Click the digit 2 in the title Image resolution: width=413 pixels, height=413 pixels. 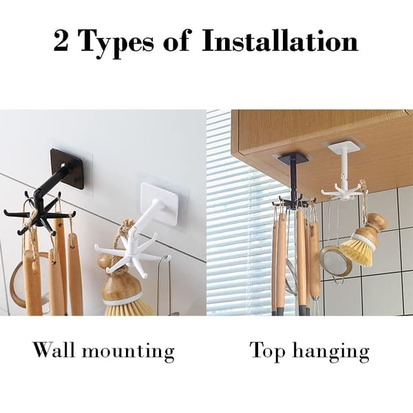point(61,41)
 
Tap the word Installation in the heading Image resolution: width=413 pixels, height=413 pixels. point(280,41)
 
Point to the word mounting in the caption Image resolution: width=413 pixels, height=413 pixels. point(128,352)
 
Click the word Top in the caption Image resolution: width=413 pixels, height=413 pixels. point(268,351)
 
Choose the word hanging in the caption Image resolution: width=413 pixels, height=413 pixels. point(331,352)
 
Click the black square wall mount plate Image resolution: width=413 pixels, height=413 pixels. point(67,169)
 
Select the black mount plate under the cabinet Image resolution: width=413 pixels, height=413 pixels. point(293,158)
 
